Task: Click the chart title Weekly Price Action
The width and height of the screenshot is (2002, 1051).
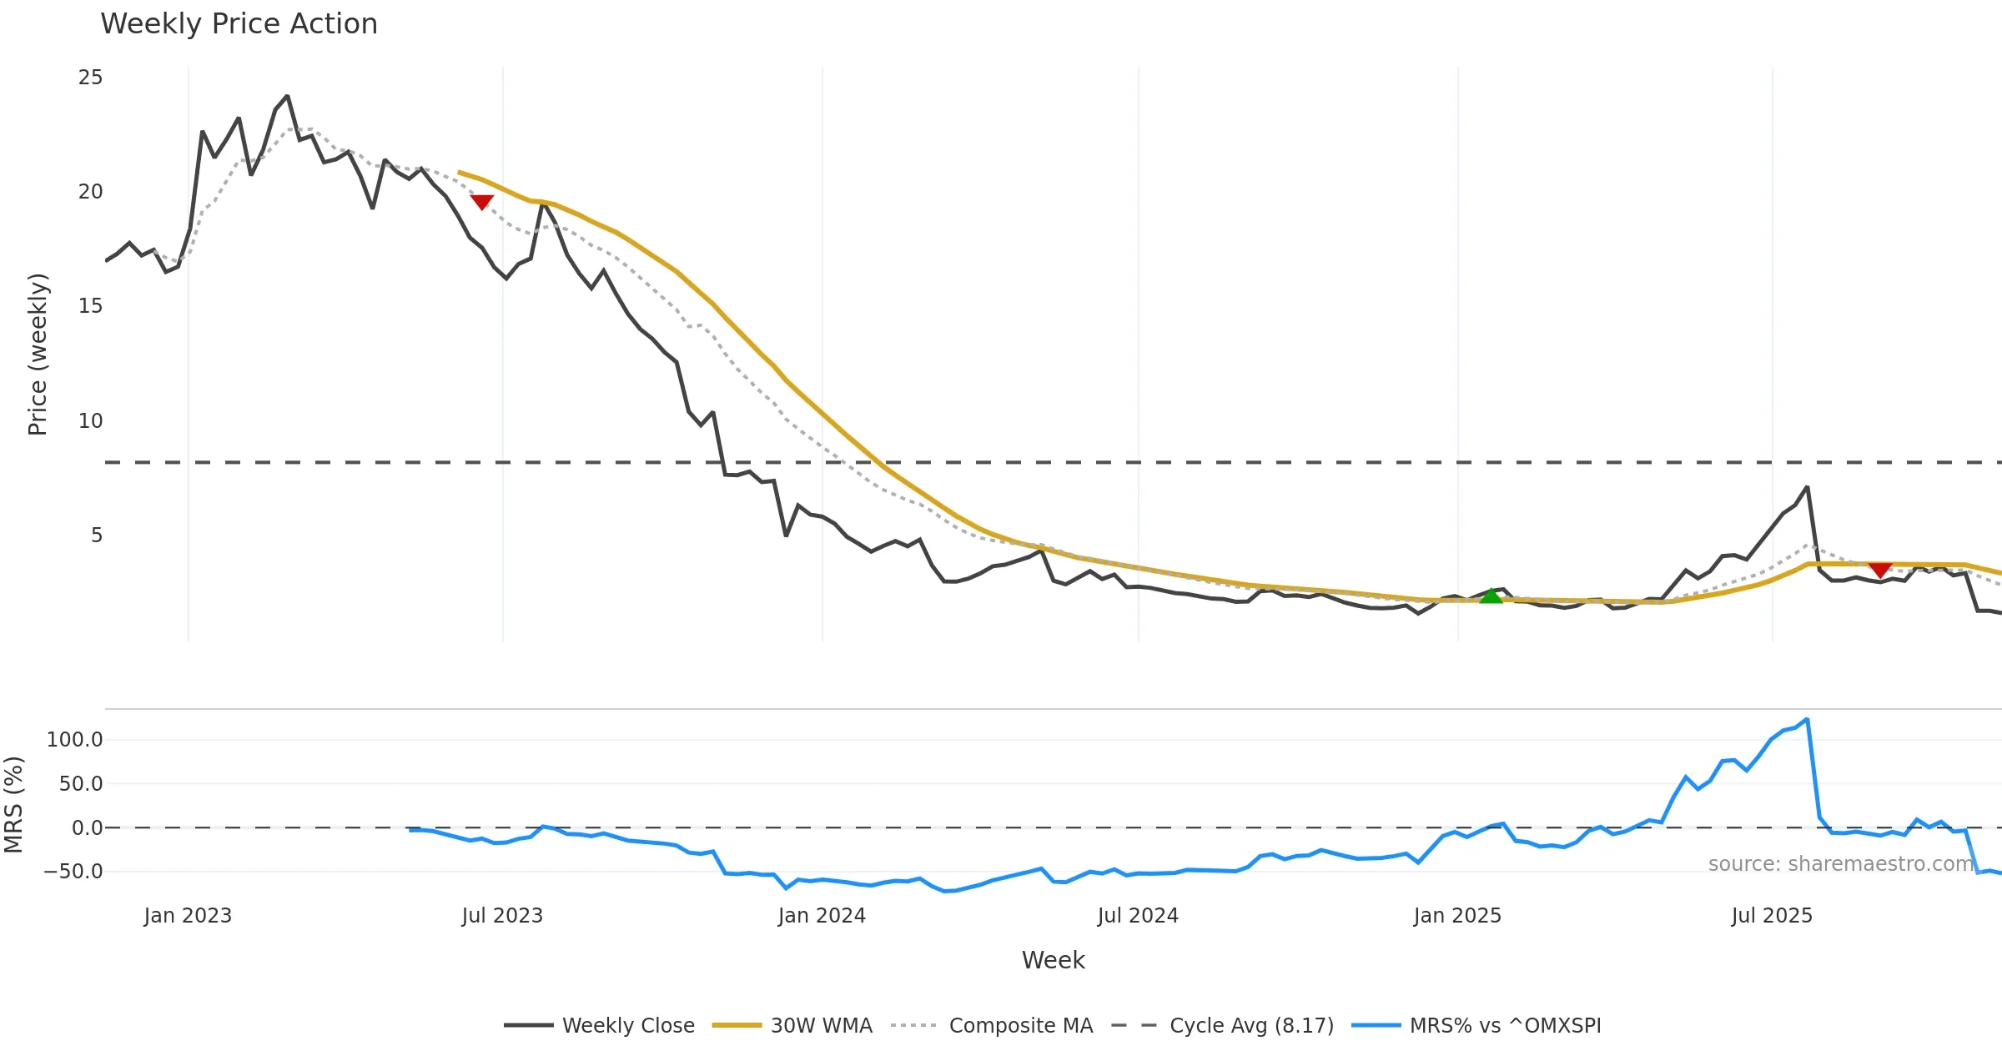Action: pos(239,24)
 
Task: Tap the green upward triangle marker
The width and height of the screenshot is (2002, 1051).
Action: pos(1491,596)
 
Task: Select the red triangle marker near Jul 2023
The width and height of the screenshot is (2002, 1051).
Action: pos(482,202)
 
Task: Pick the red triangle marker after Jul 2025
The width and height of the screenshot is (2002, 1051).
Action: pos(1879,571)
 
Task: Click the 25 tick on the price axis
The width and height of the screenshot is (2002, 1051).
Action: pos(90,78)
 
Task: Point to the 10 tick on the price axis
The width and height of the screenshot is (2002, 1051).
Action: pos(90,421)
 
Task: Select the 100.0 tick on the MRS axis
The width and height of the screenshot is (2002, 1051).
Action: pos(75,740)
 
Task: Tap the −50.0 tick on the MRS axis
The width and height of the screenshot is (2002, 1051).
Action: pos(73,872)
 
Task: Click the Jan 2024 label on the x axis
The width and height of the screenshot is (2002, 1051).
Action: pos(822,916)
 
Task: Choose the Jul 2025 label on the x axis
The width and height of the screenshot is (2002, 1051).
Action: pos(1772,916)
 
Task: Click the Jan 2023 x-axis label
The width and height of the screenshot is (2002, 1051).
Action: pos(188,916)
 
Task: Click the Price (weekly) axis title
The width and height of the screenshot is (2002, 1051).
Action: pos(38,355)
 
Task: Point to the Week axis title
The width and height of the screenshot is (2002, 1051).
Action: pos(1053,961)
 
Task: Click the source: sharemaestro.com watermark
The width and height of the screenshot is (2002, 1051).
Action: pos(1840,864)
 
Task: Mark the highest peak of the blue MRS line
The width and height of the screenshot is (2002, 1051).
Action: pos(1807,719)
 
